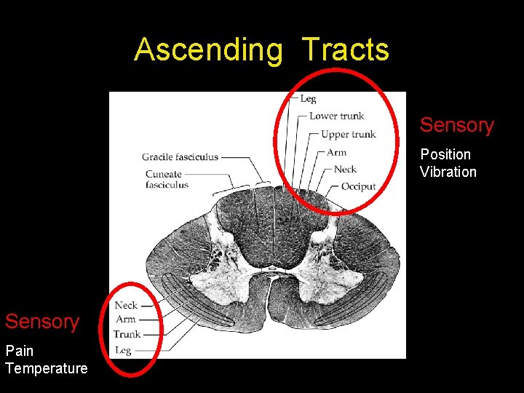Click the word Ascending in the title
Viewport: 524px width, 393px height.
[208, 50]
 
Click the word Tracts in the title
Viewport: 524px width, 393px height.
[346, 50]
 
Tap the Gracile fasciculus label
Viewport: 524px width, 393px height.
[180, 156]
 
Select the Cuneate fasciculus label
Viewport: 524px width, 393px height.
[167, 179]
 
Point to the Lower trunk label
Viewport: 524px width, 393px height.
[336, 116]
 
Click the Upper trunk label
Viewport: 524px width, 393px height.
[348, 134]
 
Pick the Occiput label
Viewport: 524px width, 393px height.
[358, 186]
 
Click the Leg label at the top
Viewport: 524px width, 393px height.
[308, 98]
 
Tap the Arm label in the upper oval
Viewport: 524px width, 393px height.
[336, 152]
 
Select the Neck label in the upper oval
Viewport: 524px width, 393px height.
[345, 169]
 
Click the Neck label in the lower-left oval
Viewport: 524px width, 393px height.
[126, 306]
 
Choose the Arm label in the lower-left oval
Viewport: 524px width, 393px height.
[126, 319]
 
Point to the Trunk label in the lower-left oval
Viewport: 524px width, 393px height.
[127, 334]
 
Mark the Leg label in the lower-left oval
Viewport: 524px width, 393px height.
[123, 350]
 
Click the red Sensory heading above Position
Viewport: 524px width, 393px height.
[456, 125]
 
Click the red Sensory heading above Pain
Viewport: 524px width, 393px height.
[42, 322]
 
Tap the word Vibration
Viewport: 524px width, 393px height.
[448, 172]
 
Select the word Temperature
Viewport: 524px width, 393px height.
[46, 368]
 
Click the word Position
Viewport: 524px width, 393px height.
[445, 154]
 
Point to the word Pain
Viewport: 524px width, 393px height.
[19, 351]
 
